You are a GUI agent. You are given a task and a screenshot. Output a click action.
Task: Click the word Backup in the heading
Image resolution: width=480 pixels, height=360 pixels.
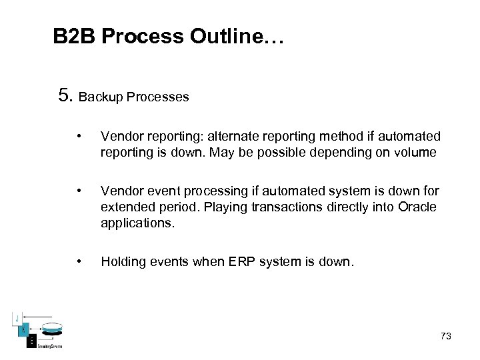click(x=100, y=97)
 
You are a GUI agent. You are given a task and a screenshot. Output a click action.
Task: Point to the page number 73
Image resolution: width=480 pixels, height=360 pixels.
click(x=446, y=336)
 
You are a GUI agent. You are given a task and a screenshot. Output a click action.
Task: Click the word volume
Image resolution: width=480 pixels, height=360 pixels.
click(x=415, y=153)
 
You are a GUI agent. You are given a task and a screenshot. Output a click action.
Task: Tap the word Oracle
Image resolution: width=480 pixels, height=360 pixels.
click(x=417, y=207)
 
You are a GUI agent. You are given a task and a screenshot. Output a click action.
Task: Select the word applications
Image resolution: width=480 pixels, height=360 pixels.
click(x=137, y=223)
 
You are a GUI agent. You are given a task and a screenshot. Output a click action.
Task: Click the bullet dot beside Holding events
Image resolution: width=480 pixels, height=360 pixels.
click(x=79, y=261)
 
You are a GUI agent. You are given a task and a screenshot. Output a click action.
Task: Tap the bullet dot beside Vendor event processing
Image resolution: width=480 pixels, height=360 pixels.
click(x=79, y=191)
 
